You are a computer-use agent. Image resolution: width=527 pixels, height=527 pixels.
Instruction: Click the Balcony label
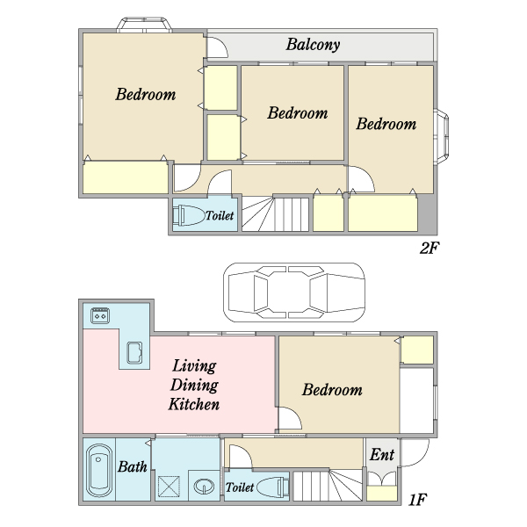pyautogui.click(x=313, y=45)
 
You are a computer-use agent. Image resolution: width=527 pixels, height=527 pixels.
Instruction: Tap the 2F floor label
pyautogui.click(x=430, y=248)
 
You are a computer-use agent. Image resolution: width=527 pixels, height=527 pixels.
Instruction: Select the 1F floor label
pyautogui.click(x=418, y=500)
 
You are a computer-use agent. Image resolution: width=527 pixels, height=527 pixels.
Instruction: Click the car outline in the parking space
pyautogui.click(x=294, y=292)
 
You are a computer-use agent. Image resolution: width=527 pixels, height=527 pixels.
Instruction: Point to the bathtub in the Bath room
pyautogui.click(x=99, y=471)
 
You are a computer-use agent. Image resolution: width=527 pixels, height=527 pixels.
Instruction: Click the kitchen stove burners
pyautogui.click(x=100, y=315)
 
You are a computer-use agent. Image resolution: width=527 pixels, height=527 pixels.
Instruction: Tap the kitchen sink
pyautogui.click(x=134, y=353)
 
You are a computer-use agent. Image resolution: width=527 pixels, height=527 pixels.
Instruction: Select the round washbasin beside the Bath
pyautogui.click(x=204, y=486)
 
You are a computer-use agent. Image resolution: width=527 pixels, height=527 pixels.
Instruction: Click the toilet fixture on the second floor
pyautogui.click(x=189, y=215)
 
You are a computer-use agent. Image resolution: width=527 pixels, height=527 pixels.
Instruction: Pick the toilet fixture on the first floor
pyautogui.click(x=272, y=487)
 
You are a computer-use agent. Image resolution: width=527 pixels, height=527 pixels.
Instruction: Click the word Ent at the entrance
pyautogui.click(x=382, y=455)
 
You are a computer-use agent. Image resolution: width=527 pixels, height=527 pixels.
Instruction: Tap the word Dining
pyautogui.click(x=194, y=385)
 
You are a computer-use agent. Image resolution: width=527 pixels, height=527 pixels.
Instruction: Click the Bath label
pyautogui.click(x=132, y=467)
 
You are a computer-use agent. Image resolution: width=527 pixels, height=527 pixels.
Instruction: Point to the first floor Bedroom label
pyautogui.click(x=332, y=390)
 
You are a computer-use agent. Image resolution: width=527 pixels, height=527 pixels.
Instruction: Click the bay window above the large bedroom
pyautogui.click(x=144, y=25)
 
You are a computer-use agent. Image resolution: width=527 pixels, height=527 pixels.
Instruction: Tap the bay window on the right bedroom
pyautogui.click(x=441, y=136)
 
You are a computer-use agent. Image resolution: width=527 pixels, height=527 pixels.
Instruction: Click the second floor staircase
pyautogui.click(x=275, y=214)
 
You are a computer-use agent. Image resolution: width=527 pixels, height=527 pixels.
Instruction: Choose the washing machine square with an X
pyautogui.click(x=169, y=486)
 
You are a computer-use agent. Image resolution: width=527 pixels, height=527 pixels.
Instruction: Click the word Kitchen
pyautogui.click(x=194, y=404)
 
